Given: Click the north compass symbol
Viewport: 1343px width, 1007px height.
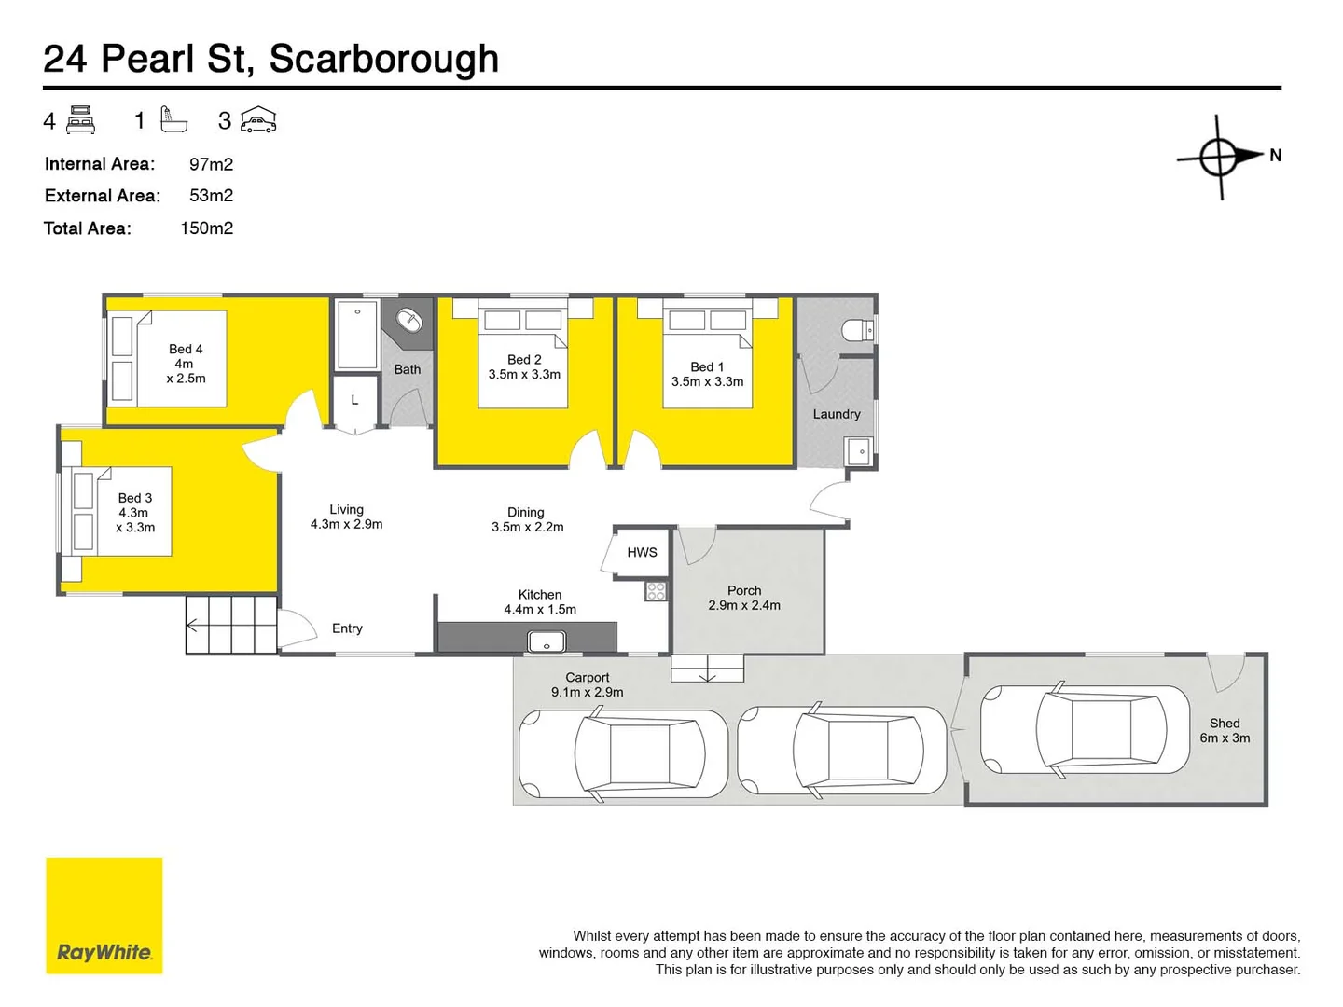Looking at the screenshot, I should tap(1220, 157).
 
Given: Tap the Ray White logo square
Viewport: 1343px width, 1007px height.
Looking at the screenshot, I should tap(104, 916).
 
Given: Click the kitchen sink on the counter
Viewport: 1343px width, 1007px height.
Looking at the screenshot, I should tap(547, 641).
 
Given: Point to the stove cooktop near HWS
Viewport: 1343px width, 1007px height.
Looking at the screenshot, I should tap(657, 590).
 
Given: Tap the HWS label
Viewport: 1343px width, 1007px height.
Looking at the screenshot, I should tap(642, 552).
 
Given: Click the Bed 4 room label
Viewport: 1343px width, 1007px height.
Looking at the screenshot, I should tap(186, 349).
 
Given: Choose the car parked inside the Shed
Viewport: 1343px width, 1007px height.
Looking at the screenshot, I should tap(1086, 730).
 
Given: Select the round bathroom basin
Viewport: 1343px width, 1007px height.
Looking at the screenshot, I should tap(409, 321).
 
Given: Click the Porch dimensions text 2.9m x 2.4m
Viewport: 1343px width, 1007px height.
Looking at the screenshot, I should tap(744, 605).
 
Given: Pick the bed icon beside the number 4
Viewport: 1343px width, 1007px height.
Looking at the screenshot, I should tap(81, 120).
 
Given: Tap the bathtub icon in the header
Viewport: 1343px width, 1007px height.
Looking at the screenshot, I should tap(173, 120).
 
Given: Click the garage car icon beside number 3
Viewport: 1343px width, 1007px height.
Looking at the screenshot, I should tap(258, 120).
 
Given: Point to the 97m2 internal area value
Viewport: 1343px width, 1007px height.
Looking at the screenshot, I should tap(211, 164).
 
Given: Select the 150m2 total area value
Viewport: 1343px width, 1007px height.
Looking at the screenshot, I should tap(206, 228).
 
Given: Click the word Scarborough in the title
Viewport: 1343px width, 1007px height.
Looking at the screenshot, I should tap(384, 59).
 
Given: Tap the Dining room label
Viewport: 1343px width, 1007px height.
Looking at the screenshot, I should tap(526, 512).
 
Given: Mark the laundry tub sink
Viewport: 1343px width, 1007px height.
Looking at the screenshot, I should tap(858, 452).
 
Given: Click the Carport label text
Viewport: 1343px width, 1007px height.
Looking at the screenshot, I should tap(588, 677).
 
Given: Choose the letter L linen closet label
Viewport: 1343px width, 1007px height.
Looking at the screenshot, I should tap(354, 400).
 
